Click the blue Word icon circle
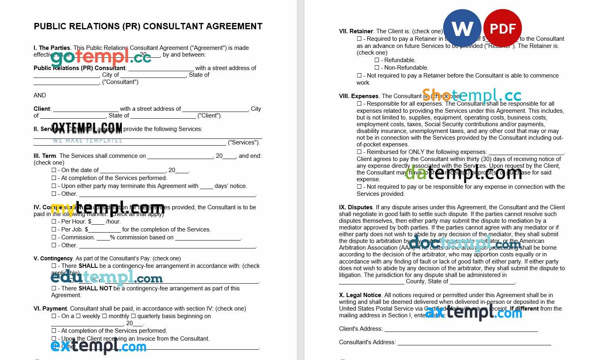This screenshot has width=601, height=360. pos(462,28)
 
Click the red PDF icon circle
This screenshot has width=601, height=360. pos(502,28)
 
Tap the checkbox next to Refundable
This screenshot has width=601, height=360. pos(377,60)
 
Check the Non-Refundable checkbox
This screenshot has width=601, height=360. pos(377,68)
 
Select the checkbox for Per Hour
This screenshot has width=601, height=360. pos(54,222)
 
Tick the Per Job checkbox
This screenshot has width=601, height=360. pos(54,229)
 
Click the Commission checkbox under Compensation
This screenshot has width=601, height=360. pos(54,237)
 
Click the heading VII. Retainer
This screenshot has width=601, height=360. pos(356,31)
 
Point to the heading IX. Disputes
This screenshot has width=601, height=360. pos(356,207)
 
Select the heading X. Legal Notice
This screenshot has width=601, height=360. pos(360,295)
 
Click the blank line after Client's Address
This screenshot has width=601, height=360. pos(461,329)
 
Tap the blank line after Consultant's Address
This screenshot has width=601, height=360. pos(474,343)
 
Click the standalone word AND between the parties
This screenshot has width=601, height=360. pos(40,95)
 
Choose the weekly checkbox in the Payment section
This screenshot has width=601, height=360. pos(78,316)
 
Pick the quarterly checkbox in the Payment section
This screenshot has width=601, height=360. pos(134,316)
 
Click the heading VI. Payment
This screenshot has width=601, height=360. pos(50,309)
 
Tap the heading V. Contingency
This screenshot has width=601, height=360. pos(53,258)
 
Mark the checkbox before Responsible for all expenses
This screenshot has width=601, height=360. pos(359,104)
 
